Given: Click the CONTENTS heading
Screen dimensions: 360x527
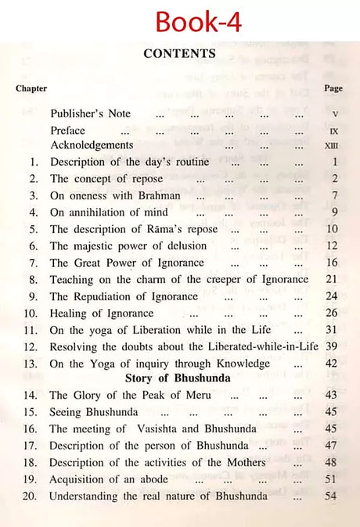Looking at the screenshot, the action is pyautogui.click(x=179, y=54).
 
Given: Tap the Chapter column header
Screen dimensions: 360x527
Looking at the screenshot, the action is pyautogui.click(x=31, y=88).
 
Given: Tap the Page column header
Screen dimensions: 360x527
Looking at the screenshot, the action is pyautogui.click(x=332, y=88).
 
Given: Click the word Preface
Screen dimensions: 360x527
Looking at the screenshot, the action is pyautogui.click(x=68, y=130).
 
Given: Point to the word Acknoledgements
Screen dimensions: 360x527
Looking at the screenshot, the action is pyautogui.click(x=92, y=145).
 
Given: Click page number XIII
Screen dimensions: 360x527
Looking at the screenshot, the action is pyautogui.click(x=333, y=146).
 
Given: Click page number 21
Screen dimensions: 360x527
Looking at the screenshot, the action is pyautogui.click(x=333, y=279).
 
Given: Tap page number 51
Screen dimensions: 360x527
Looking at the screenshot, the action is pyautogui.click(x=333, y=479).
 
